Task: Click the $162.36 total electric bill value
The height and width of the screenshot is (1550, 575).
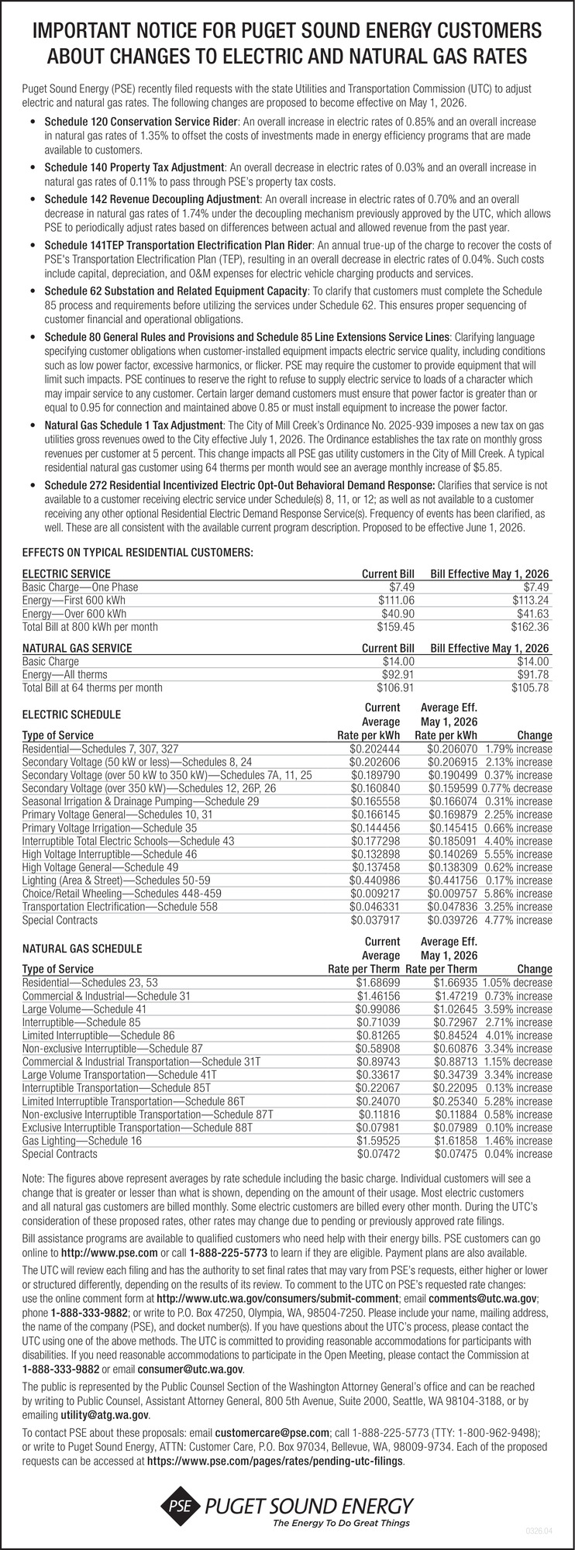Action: pyautogui.click(x=530, y=626)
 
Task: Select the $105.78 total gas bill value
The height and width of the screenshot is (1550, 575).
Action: pyautogui.click(x=530, y=687)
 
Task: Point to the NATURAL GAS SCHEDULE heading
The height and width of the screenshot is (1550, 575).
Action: pyautogui.click(x=82, y=948)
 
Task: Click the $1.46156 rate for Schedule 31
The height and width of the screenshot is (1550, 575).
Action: pyautogui.click(x=378, y=995)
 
